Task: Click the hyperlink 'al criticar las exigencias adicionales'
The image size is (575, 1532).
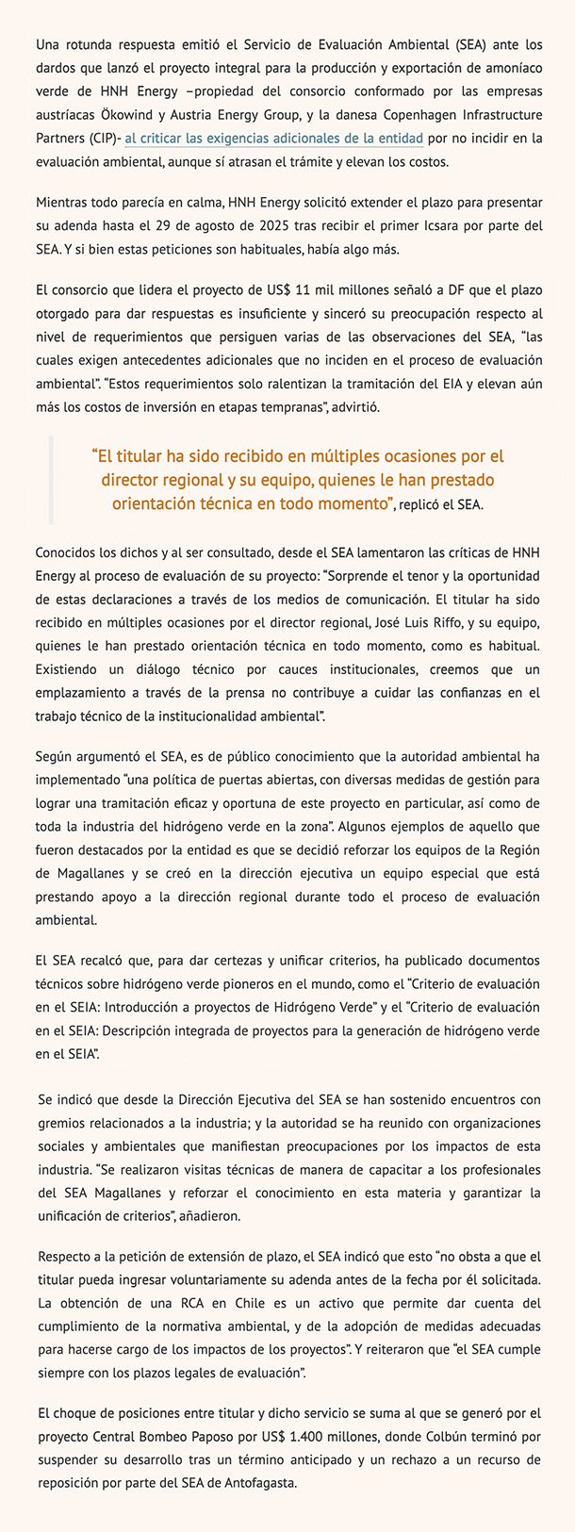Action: [273, 139]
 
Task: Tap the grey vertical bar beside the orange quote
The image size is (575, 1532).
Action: [51, 479]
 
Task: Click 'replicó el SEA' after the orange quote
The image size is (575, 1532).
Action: [441, 504]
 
